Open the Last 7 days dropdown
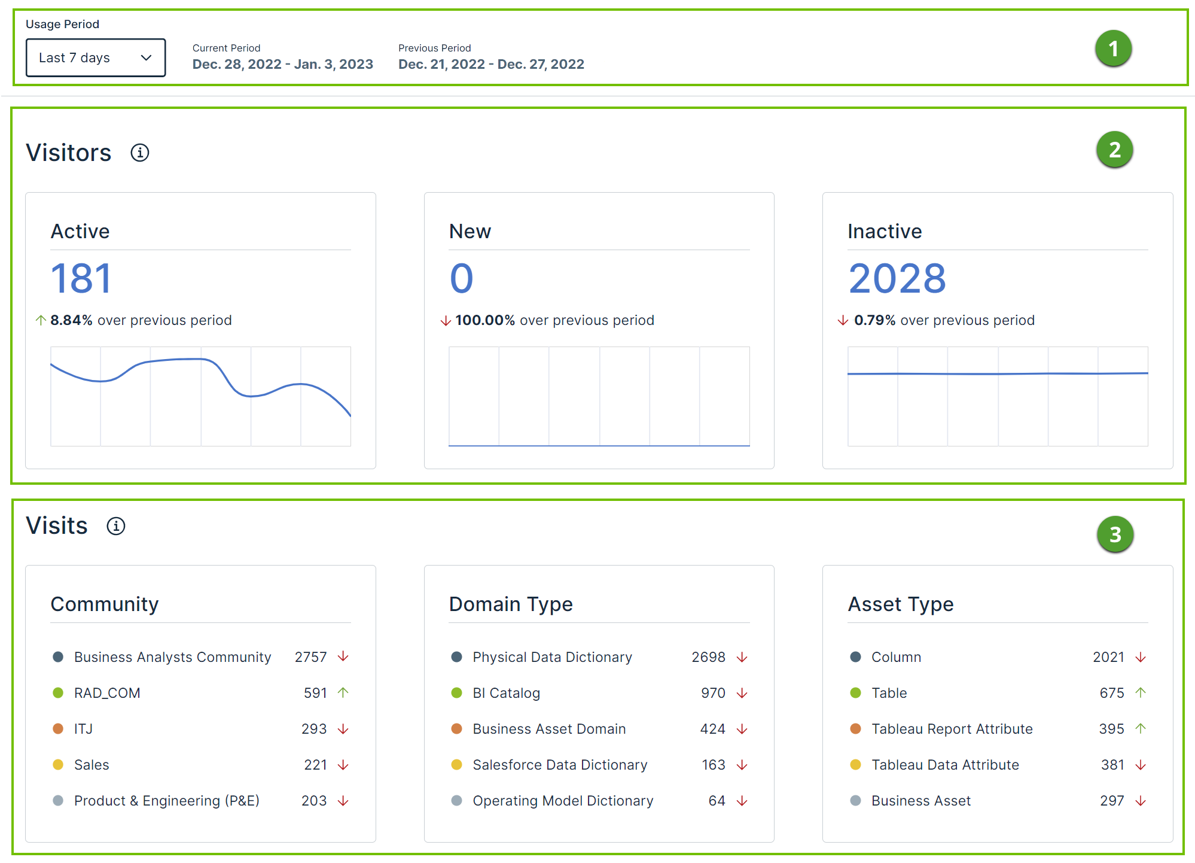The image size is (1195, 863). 96,58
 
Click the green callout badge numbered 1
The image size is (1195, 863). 1113,48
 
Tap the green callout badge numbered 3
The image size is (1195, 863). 1115,534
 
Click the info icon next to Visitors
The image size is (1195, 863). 140,153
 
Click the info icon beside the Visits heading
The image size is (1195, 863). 116,526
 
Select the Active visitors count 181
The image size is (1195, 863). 81,279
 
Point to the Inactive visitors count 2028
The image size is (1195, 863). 897,279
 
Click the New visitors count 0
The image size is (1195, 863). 462,279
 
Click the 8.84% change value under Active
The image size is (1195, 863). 71,321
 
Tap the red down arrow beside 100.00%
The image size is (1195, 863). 446,321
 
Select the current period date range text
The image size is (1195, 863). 282,65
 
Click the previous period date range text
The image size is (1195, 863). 491,65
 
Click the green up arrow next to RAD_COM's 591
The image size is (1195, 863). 343,692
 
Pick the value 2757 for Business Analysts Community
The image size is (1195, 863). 310,657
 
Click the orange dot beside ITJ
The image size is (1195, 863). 58,729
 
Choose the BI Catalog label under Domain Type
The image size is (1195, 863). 506,693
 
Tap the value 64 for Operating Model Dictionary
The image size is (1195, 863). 717,801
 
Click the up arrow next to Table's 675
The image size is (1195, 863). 1141,692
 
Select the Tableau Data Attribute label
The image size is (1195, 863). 945,765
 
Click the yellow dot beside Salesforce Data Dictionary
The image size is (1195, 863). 456,765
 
